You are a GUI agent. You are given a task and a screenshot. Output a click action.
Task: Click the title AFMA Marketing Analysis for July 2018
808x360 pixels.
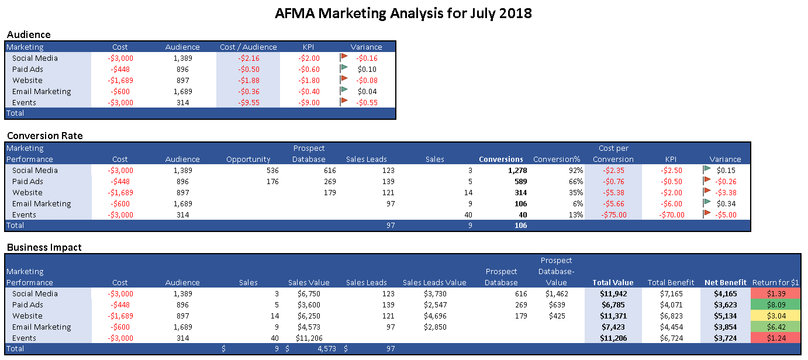click(x=403, y=13)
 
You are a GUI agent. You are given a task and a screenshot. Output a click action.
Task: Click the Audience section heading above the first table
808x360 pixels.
click(x=29, y=34)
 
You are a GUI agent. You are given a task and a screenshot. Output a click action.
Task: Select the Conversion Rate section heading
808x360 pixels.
click(x=44, y=136)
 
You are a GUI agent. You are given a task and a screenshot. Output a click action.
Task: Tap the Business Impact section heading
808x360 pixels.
click(x=44, y=247)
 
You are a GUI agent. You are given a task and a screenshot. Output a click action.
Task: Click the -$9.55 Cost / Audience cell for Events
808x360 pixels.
click(x=248, y=102)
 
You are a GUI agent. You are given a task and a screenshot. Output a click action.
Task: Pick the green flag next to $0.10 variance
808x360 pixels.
click(x=344, y=69)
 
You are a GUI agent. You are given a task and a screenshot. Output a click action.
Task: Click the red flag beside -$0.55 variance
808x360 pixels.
click(x=344, y=102)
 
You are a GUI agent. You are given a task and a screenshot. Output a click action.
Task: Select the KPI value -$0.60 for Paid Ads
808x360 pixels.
click(x=309, y=69)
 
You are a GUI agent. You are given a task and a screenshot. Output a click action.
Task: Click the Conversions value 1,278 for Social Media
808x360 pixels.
click(x=515, y=170)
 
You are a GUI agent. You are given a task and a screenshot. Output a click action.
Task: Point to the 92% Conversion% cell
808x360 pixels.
click(x=575, y=170)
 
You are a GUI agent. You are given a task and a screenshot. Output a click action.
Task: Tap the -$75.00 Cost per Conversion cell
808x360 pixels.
click(x=614, y=214)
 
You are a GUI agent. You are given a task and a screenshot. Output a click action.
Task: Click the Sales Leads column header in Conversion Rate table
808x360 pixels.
click(x=367, y=159)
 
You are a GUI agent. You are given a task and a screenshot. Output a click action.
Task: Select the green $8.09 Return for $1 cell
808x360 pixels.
click(x=775, y=304)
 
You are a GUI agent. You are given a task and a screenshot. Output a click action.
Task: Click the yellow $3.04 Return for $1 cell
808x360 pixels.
click(x=775, y=316)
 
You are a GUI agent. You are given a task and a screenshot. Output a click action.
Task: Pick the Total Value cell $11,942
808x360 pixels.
click(x=613, y=293)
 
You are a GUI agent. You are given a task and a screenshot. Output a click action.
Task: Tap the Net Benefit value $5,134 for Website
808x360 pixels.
click(x=725, y=316)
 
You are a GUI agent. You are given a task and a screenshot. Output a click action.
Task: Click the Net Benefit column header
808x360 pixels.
click(x=725, y=282)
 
